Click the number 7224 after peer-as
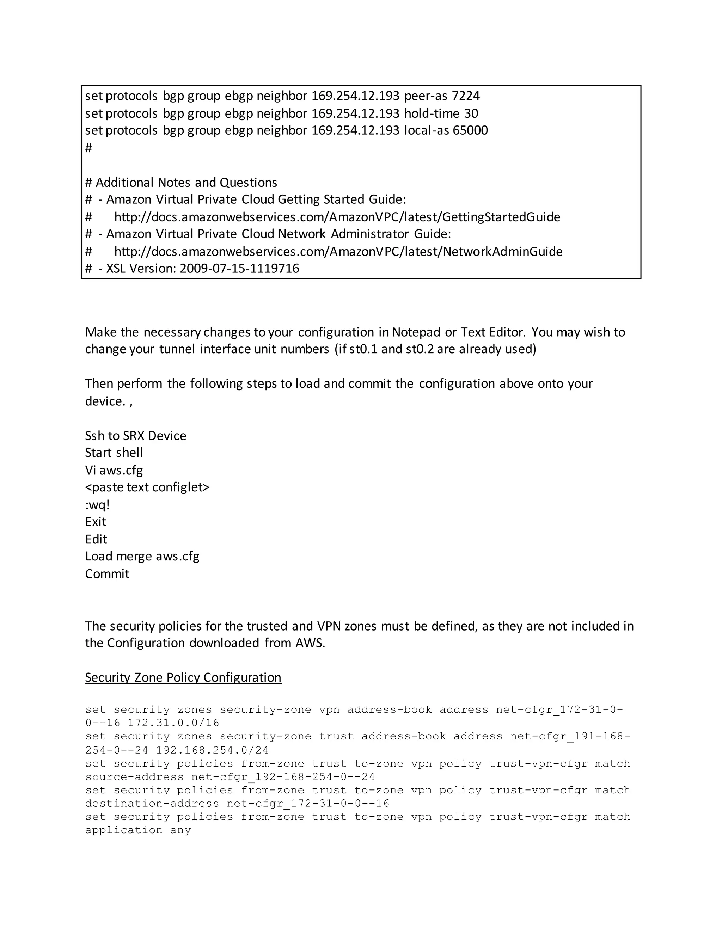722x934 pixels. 466,96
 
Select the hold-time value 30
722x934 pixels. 471,113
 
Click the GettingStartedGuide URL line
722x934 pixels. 337,217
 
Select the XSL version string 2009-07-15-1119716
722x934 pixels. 239,269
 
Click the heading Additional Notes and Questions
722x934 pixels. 186,183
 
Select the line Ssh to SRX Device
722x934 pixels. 136,436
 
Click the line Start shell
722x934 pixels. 114,453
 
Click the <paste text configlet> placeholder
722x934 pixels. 147,487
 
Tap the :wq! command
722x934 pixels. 98,505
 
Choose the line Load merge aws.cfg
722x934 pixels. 142,557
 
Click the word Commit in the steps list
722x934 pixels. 107,574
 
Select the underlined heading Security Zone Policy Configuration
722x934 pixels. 183,677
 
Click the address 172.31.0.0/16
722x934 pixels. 173,723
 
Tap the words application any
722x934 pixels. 138,830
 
